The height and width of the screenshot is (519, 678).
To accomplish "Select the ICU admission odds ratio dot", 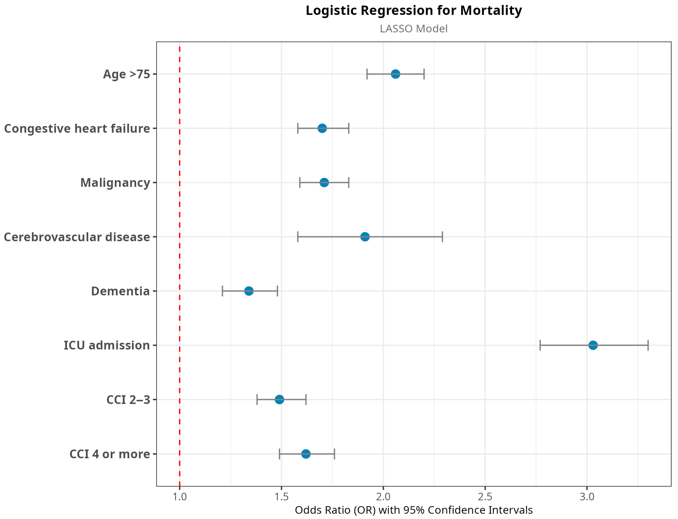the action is pos(593,345).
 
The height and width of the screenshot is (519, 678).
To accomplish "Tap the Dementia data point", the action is pos(249,291).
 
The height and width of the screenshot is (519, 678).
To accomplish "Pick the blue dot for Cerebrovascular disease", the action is pos(365,237).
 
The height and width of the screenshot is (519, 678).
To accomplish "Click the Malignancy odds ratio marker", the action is pos(324,182).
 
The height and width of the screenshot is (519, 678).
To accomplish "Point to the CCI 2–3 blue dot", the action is pos(279,400).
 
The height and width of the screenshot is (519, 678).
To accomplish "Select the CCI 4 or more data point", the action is pos(306,454).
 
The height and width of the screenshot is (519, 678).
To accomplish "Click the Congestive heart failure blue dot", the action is pos(322,128).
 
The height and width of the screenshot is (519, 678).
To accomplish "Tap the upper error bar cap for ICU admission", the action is pos(648,345).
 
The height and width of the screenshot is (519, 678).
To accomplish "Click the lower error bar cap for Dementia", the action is pos(222,291).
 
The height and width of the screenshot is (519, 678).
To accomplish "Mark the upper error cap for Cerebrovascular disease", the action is pos(443,237).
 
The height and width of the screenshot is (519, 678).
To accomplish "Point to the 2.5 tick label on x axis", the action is pos(485,497).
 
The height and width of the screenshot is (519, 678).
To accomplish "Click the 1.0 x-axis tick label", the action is pos(180,497).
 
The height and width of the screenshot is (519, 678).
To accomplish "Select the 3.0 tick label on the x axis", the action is pos(587,497).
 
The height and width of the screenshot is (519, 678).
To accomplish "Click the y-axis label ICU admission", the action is pos(107,345).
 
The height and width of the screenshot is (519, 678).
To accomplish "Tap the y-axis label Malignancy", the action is pos(115,183).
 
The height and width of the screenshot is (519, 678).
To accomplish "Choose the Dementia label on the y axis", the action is pos(120,291).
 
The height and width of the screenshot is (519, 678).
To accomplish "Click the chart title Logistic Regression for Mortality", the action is pos(414,11).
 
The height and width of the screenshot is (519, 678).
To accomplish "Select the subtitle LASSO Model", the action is pos(414,29).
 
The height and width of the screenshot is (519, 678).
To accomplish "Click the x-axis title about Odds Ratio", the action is pos(414,510).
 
